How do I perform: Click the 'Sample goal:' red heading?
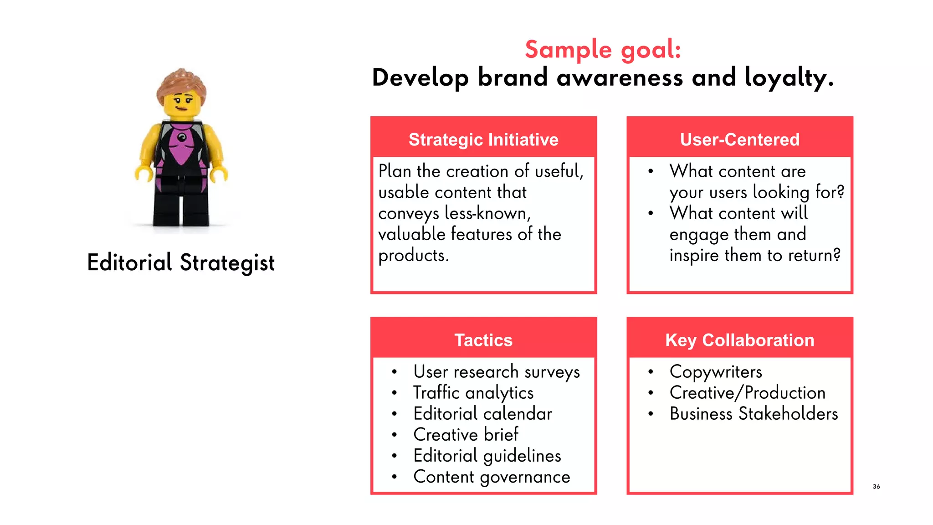(x=603, y=49)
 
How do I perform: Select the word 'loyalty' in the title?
(x=788, y=77)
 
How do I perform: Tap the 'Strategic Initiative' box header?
(x=483, y=139)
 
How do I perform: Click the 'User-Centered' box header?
(x=739, y=139)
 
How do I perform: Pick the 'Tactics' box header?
(x=483, y=340)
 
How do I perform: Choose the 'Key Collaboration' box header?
(x=739, y=340)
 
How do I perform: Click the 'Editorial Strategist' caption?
(x=181, y=263)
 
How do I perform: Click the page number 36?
(x=876, y=486)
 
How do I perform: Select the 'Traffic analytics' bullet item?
(x=473, y=393)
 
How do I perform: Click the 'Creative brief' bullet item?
(x=466, y=435)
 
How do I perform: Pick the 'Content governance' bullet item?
(x=492, y=477)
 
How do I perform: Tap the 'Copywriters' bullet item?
(x=716, y=372)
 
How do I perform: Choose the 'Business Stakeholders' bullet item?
(x=754, y=414)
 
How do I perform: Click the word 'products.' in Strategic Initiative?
(x=413, y=256)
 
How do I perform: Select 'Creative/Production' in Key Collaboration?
(x=748, y=393)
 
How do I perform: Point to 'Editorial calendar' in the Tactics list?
(x=482, y=414)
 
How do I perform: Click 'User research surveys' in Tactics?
(x=497, y=372)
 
